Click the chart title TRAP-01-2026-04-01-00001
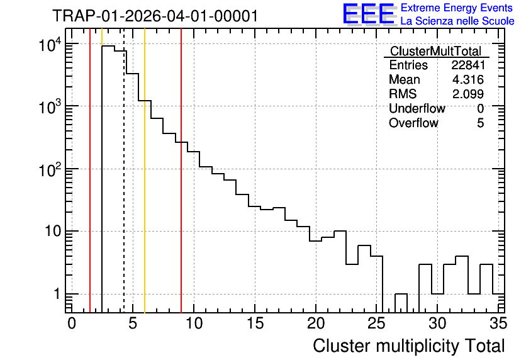(x=155, y=16)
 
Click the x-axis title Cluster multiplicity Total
(x=408, y=346)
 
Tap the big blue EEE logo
(x=369, y=14)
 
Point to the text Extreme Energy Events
(x=457, y=8)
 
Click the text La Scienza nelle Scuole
(x=457, y=21)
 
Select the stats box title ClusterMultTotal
(x=436, y=51)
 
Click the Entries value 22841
(x=468, y=65)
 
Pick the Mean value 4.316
(x=468, y=79)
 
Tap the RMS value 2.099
(x=468, y=94)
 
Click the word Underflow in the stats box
(x=417, y=108)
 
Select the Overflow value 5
(x=480, y=123)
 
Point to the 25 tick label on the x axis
(x=376, y=323)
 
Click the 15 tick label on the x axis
(x=255, y=323)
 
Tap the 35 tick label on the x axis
(x=498, y=323)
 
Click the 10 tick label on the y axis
(x=53, y=231)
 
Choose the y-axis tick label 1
(x=57, y=294)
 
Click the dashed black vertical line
(x=124, y=171)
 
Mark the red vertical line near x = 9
(x=181, y=171)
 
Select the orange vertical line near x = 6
(x=145, y=171)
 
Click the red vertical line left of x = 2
(x=90, y=171)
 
